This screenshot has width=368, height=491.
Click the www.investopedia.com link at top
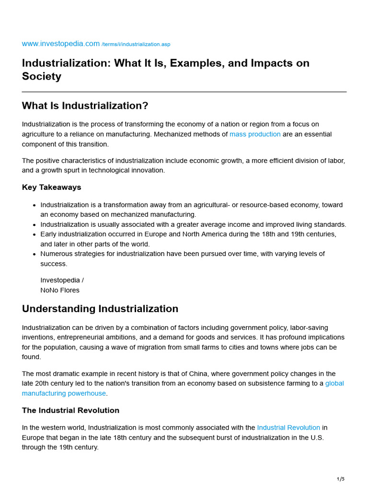[x=60, y=44]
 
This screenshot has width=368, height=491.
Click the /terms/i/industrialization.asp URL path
[x=136, y=45]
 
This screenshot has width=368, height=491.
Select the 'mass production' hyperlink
[x=255, y=134]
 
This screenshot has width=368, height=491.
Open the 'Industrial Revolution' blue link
[x=288, y=427]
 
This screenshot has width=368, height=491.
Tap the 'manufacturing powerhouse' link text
[x=64, y=393]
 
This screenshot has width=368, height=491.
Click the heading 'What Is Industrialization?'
[x=85, y=105]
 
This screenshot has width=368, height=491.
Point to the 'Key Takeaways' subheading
[x=51, y=187]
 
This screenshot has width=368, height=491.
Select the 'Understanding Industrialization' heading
[x=100, y=309]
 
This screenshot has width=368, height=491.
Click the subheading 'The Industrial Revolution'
[x=70, y=410]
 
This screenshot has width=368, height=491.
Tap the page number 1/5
[x=340, y=479]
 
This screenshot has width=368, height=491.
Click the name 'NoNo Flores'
[x=60, y=290]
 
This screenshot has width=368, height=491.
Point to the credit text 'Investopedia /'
[x=62, y=280]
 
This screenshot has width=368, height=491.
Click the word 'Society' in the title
[x=41, y=77]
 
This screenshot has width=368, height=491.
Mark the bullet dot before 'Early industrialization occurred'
[x=34, y=234]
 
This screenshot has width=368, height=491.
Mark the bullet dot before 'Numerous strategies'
[x=34, y=254]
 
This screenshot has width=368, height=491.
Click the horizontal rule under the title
[x=184, y=92]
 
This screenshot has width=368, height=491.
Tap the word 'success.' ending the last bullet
[x=54, y=264]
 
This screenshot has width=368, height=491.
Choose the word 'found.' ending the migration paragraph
[x=32, y=357]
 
